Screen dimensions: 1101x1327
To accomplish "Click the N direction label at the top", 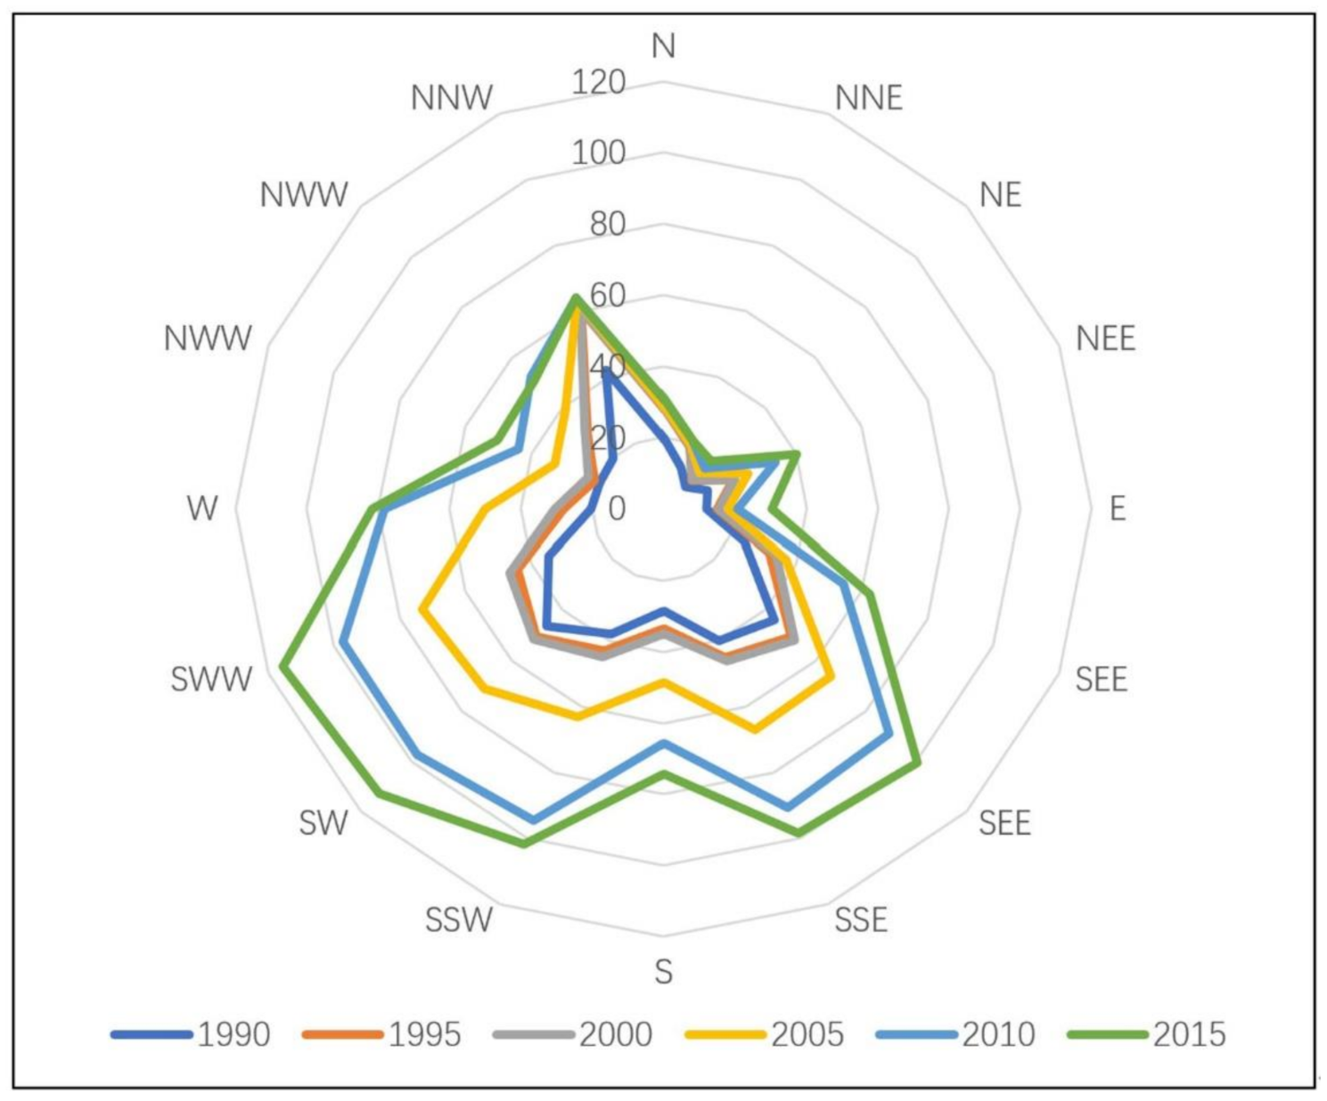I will (663, 45).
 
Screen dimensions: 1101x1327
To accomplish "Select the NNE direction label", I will (869, 97).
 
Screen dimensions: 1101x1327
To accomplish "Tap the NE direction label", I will (1000, 195).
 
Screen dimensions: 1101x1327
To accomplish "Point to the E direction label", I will (1118, 509).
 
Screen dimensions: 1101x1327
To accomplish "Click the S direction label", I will (663, 972).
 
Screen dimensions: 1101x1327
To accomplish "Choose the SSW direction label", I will (459, 919).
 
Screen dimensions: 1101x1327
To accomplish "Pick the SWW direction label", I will (212, 680).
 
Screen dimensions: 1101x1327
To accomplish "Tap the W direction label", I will (202, 509).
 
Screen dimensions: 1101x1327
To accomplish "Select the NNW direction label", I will (452, 97).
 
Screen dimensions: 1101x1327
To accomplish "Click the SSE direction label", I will (861, 919).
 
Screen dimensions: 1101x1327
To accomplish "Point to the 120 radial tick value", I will (599, 83).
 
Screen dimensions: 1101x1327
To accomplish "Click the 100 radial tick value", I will (599, 153).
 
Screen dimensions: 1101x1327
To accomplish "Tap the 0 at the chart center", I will (617, 509).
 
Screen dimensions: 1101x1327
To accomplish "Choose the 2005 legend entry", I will (765, 1034).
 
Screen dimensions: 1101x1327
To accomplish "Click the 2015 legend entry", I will (1147, 1034).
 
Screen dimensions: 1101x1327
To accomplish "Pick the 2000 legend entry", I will (574, 1034).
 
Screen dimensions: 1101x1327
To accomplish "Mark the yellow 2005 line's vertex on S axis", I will (663, 682).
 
